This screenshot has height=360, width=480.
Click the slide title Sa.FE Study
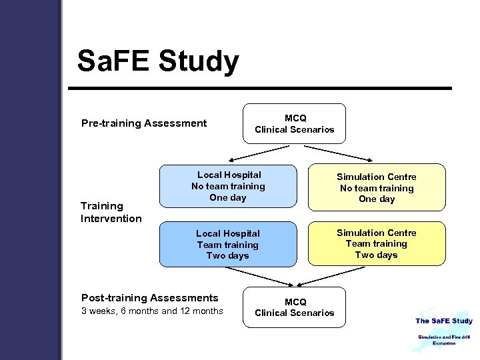[157, 61]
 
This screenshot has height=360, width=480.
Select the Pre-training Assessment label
[144, 123]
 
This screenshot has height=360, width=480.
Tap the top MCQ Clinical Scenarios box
[294, 123]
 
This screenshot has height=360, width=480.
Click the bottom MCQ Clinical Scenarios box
[294, 307]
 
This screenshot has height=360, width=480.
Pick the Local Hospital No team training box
[228, 186]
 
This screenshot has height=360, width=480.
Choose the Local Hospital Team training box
[228, 244]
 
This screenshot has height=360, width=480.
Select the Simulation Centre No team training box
[376, 187]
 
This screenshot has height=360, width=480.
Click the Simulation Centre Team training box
[376, 243]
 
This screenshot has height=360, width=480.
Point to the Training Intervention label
[111, 212]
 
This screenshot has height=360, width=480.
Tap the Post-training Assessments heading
[149, 298]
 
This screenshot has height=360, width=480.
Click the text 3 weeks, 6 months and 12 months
[152, 311]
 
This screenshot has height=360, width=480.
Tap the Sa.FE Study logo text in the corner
[443, 321]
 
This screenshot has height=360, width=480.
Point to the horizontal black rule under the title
[264, 88]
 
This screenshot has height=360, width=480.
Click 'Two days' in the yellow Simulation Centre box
[376, 255]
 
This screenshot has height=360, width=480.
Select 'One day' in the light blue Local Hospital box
[228, 197]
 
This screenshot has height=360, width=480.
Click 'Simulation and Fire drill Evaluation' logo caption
[443, 340]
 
